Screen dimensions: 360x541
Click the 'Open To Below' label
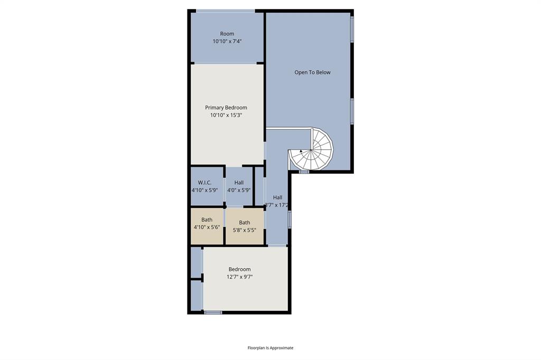click(x=312, y=72)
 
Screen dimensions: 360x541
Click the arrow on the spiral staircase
click(x=301, y=151)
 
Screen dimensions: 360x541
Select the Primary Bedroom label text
click(x=226, y=108)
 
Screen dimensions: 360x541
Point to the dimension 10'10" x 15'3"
click(x=226, y=115)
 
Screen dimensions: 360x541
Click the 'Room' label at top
click(x=227, y=34)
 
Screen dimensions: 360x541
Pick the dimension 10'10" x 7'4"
click(x=227, y=41)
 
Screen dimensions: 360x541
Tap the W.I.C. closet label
click(x=205, y=183)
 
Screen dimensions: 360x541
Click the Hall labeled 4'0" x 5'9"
click(x=239, y=186)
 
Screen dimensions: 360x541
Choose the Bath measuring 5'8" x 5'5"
click(x=244, y=226)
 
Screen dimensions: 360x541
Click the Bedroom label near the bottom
click(x=239, y=269)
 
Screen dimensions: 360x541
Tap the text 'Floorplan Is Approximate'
click(x=270, y=348)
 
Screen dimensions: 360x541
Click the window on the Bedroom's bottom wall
click(x=213, y=312)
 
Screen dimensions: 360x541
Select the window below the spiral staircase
click(x=304, y=172)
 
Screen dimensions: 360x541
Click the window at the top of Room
click(x=226, y=11)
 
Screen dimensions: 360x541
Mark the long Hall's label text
click(x=277, y=197)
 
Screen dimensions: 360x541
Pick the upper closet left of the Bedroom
click(x=196, y=262)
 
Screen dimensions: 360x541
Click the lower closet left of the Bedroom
click(x=196, y=296)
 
